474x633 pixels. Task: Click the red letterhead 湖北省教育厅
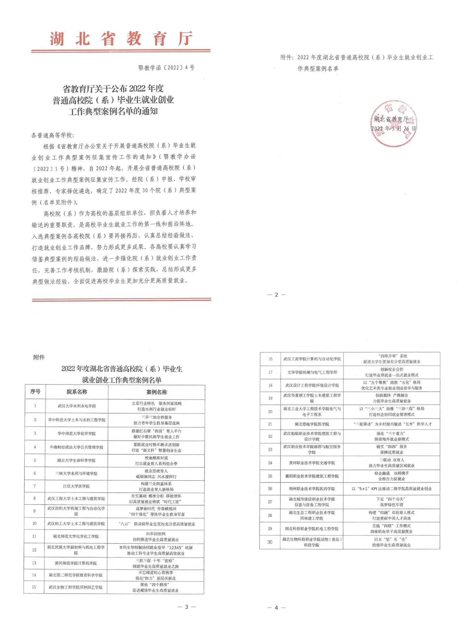[x=121, y=39]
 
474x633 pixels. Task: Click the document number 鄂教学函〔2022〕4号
[x=166, y=68]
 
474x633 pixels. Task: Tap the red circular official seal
[x=393, y=123]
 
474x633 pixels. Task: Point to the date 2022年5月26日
[x=393, y=128]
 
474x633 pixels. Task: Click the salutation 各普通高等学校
[x=53, y=135]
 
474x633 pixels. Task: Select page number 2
[x=276, y=295]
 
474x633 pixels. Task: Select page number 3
[x=186, y=607]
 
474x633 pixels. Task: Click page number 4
[x=276, y=607]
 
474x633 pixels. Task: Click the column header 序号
[x=35, y=392]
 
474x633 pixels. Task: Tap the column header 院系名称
[x=77, y=392]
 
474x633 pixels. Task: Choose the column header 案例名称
[x=156, y=392]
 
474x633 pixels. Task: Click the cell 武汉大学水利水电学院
[x=77, y=406]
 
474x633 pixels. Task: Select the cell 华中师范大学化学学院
[x=76, y=433]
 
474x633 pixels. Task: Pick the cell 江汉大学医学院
[x=76, y=486]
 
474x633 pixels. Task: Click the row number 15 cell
[x=34, y=587]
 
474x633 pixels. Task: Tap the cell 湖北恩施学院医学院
[x=312, y=424]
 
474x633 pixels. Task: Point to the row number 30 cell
[x=270, y=542]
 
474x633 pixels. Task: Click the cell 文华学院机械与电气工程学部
[x=312, y=372]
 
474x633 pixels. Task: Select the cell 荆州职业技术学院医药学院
[x=312, y=489]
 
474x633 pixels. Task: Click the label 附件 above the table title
[x=39, y=357]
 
